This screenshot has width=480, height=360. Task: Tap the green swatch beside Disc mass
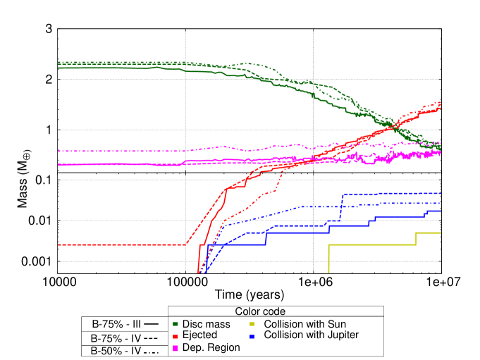point(176,324)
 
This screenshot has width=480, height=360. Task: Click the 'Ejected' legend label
point(199,335)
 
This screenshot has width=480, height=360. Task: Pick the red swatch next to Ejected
point(176,336)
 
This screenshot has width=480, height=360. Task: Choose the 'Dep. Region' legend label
point(211,347)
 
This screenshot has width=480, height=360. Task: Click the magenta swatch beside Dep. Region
point(176,348)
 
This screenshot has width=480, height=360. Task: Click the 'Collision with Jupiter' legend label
point(311,335)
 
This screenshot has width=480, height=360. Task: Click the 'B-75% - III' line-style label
point(116,324)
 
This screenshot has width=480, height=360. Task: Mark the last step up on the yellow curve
point(416,238)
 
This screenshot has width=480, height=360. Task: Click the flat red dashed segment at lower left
point(120,244)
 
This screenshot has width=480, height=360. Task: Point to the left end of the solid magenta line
point(59,165)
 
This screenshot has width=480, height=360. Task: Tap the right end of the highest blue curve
point(441,193)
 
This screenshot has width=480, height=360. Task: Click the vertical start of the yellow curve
point(329,259)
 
